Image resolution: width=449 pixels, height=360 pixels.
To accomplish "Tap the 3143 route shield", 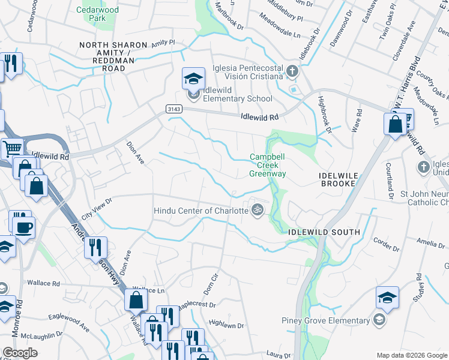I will (173, 108).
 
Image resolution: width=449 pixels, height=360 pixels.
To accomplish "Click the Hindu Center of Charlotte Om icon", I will (258, 210).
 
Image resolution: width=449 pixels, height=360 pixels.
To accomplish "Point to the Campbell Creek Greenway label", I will (267, 166).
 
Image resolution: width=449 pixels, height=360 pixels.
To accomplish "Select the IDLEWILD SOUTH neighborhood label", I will (324, 232).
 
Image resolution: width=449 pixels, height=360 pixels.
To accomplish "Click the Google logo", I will (20, 353).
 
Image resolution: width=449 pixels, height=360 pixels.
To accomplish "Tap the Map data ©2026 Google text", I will (411, 355).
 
